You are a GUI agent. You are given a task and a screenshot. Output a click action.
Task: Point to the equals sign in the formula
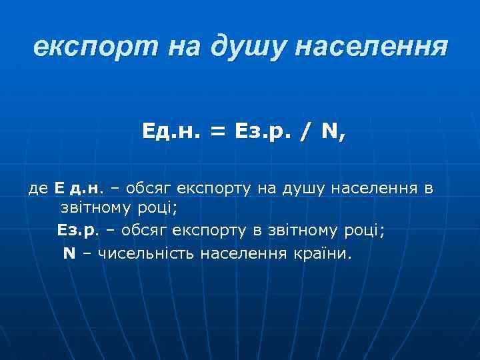(x=218, y=133)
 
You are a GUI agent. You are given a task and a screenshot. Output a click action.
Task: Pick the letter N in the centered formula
(x=329, y=133)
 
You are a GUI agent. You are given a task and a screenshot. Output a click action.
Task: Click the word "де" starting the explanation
(x=37, y=189)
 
